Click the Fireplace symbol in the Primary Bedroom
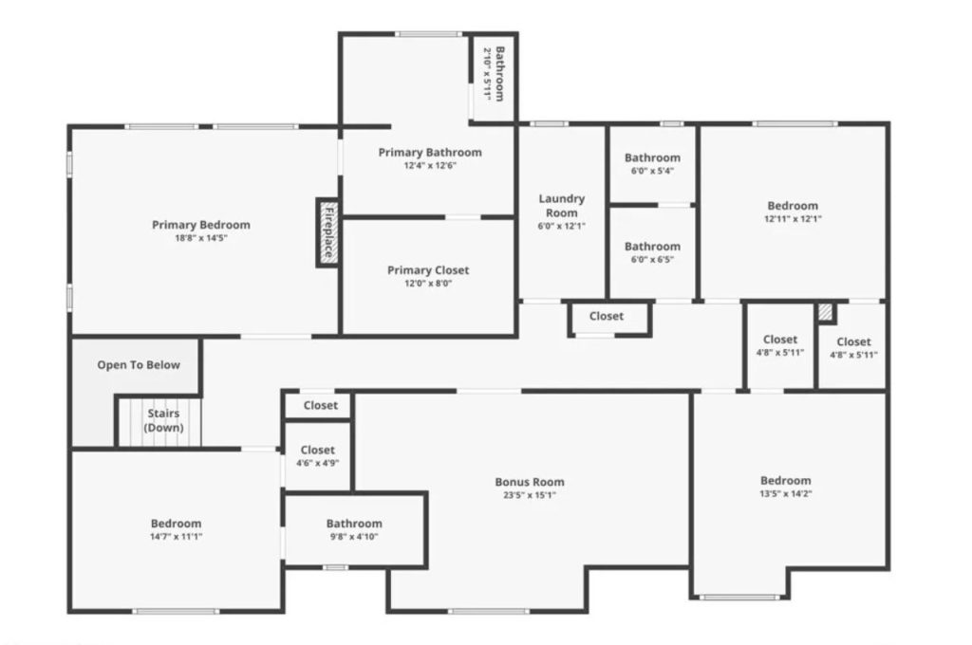click(327, 232)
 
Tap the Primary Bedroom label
click(201, 225)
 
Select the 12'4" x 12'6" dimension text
click(429, 165)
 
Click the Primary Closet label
click(428, 270)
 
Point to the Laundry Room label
click(562, 206)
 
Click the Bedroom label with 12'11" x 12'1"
click(793, 206)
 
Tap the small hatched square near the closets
click(826, 312)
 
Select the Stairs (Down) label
click(161, 420)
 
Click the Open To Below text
click(139, 365)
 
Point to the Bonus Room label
click(530, 482)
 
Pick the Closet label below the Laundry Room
click(607, 316)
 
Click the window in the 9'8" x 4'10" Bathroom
click(334, 567)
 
